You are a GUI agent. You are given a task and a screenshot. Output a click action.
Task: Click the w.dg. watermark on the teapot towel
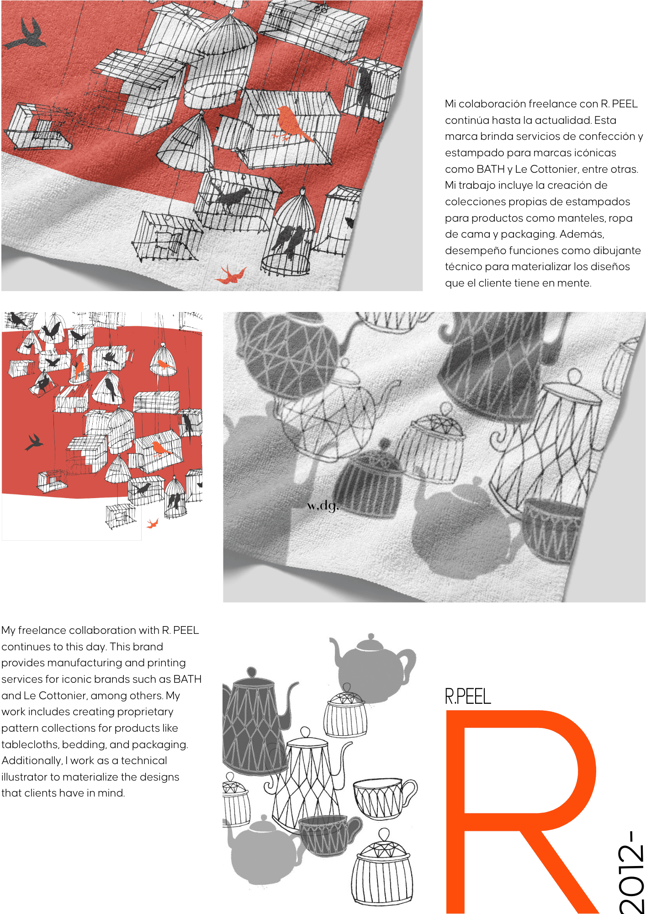[x=323, y=506]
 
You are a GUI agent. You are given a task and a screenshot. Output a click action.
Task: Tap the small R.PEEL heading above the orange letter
[x=468, y=696]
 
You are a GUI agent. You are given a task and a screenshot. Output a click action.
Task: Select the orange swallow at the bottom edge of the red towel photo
[x=231, y=274]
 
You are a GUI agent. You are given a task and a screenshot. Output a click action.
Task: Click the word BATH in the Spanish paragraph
[x=490, y=169]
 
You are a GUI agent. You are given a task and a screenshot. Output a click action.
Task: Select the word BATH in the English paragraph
[x=187, y=679]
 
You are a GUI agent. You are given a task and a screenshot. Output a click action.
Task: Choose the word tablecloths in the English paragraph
[x=31, y=744]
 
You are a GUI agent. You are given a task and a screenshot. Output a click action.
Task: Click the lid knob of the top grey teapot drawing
[x=371, y=637]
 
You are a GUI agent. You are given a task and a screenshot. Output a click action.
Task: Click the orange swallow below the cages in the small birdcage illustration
[x=152, y=523]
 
